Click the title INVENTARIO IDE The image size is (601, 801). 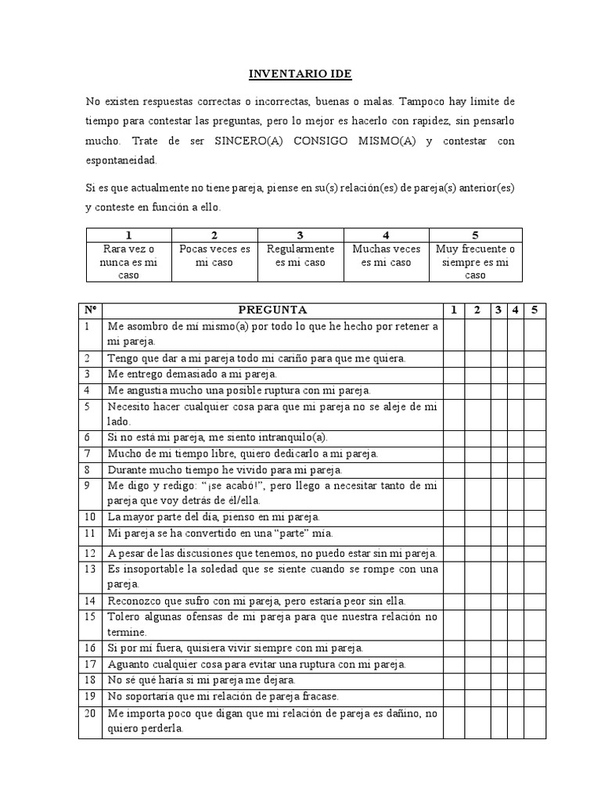click(x=300, y=74)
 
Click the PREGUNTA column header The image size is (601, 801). click(x=272, y=310)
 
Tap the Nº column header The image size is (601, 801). click(x=90, y=310)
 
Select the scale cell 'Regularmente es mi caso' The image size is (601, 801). click(x=300, y=255)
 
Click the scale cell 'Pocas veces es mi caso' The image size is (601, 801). click(x=214, y=255)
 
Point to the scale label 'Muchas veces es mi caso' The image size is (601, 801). click(x=386, y=255)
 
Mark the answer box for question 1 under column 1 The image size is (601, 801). click(x=453, y=333)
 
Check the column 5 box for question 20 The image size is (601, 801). click(x=535, y=721)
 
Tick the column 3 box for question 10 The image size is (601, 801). click(x=498, y=517)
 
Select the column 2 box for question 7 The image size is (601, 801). click(x=477, y=453)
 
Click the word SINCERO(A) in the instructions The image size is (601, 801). click(x=230, y=142)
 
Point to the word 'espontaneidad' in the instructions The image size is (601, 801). click(x=121, y=160)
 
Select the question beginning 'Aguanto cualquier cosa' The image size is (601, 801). click(x=257, y=664)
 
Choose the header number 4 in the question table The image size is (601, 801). click(x=516, y=310)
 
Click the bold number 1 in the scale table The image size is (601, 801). click(x=128, y=235)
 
